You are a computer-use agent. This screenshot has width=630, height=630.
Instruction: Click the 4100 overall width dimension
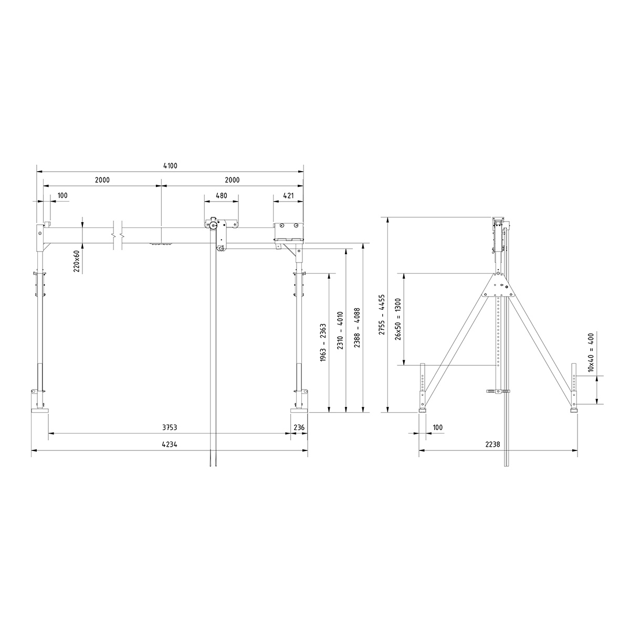tap(170, 166)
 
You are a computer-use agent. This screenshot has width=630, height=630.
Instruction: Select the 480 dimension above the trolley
tap(222, 195)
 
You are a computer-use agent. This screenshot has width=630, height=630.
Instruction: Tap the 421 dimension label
tap(288, 195)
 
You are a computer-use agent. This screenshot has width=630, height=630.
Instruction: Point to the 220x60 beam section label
tap(77, 260)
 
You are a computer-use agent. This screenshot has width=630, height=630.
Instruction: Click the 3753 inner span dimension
tap(169, 428)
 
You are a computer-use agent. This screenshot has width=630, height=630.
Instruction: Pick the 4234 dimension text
tap(169, 444)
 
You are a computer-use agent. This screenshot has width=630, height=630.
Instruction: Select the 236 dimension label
tap(299, 428)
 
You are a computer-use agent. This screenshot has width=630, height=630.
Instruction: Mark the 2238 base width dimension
tap(499, 444)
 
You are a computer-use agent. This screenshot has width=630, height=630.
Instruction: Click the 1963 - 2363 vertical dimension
tap(322, 342)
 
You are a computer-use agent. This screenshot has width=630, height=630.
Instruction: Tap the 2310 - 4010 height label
tap(340, 329)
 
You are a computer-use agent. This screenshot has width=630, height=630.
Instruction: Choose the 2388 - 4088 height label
tap(358, 329)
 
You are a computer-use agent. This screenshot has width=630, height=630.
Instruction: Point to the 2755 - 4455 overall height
tap(382, 315)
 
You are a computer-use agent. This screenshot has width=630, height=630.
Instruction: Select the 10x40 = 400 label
tap(591, 352)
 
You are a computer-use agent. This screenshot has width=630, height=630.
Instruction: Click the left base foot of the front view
tap(40, 409)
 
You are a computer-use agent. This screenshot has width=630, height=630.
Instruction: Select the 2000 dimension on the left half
tap(102, 180)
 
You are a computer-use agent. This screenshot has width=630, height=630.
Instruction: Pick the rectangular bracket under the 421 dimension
tap(288, 231)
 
